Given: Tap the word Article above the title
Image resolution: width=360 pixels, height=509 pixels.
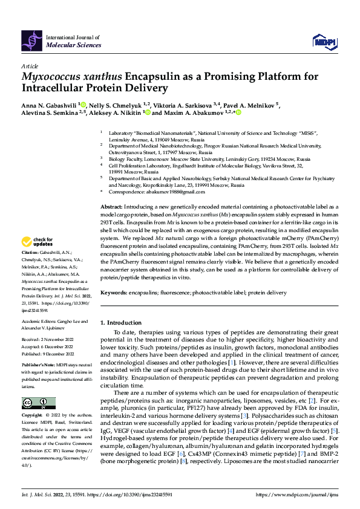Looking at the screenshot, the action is click(30, 66).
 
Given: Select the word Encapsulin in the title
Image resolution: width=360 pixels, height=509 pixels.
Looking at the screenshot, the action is click(154, 77).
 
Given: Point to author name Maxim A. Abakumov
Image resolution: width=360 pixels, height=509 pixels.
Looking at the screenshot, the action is click(192, 112).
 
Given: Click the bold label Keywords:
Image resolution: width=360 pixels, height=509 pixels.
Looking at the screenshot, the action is click(114, 292).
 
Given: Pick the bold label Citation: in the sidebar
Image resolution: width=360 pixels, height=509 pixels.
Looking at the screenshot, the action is click(30, 268).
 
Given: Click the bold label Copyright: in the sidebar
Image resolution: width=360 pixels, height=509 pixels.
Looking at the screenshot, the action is click(32, 417).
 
